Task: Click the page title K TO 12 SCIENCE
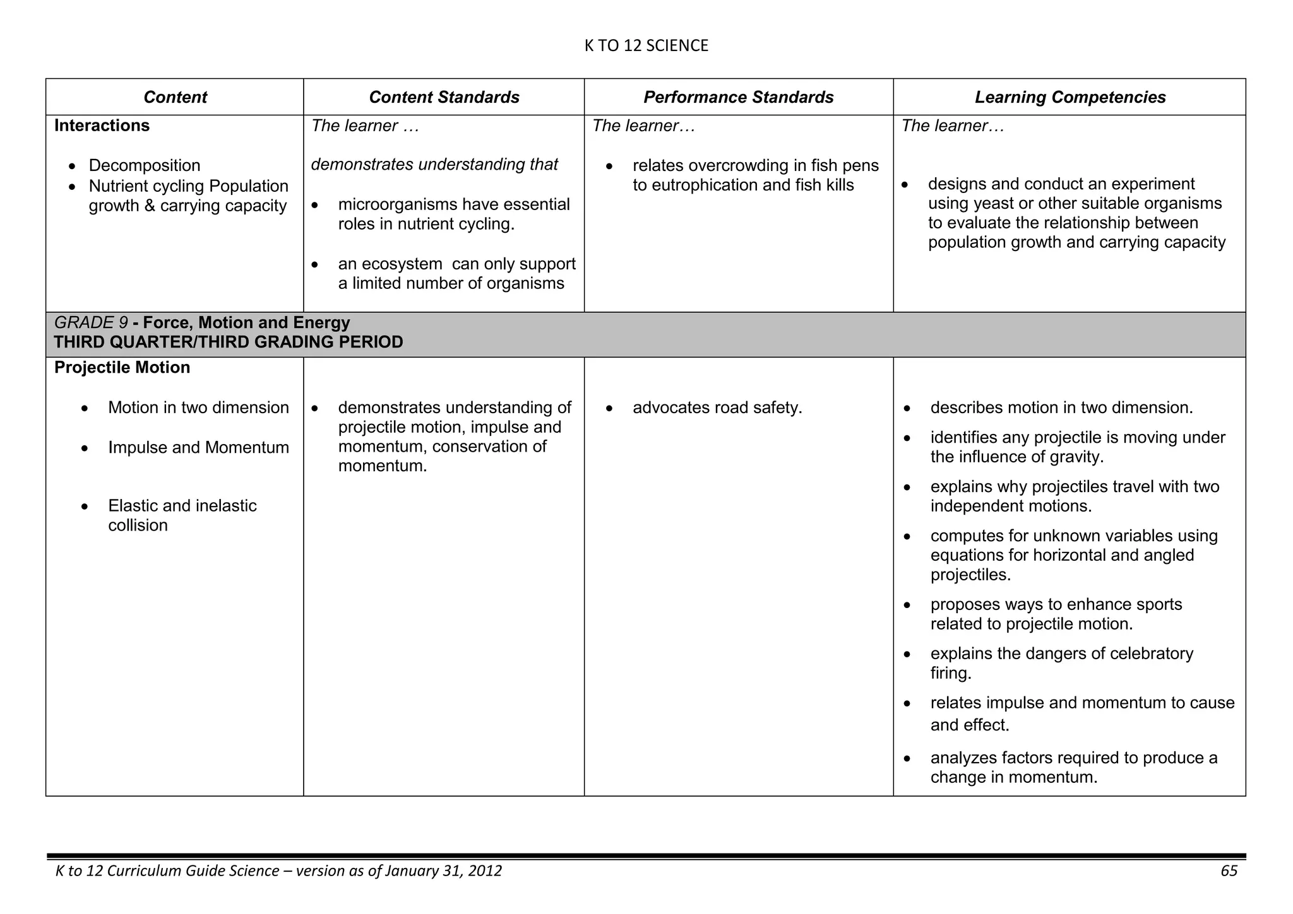(x=646, y=45)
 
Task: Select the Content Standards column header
(x=444, y=97)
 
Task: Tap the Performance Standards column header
(x=738, y=97)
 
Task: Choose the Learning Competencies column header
(x=1070, y=97)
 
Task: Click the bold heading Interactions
(x=102, y=126)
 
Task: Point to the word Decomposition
(x=144, y=165)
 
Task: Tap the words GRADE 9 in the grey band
(x=91, y=323)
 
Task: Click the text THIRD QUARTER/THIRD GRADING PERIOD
(x=229, y=343)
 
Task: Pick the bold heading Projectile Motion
(x=122, y=368)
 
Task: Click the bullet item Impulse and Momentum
(x=198, y=448)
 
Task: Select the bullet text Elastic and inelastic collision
(x=182, y=515)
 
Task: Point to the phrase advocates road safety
(x=717, y=408)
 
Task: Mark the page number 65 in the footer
(x=1229, y=871)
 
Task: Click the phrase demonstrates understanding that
(x=434, y=165)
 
